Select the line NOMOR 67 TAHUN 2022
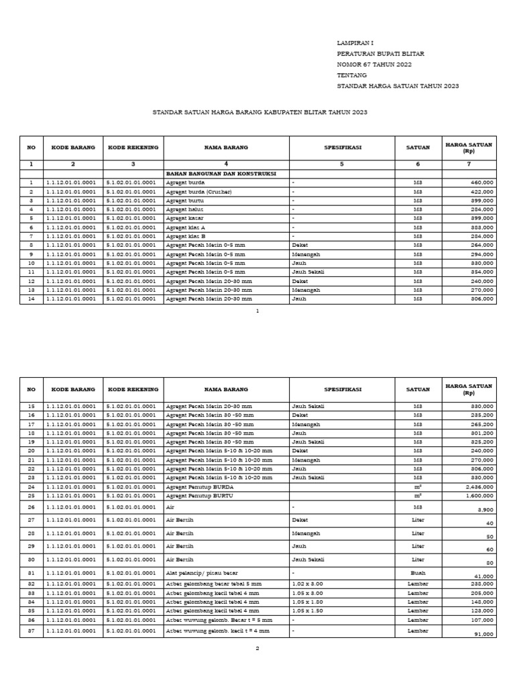(x=374, y=64)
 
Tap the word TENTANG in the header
(x=352, y=76)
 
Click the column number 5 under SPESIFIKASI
(x=341, y=164)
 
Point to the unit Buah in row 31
(x=418, y=573)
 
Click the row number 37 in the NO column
(x=31, y=630)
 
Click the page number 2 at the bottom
(x=257, y=649)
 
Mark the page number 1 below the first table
(x=257, y=311)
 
